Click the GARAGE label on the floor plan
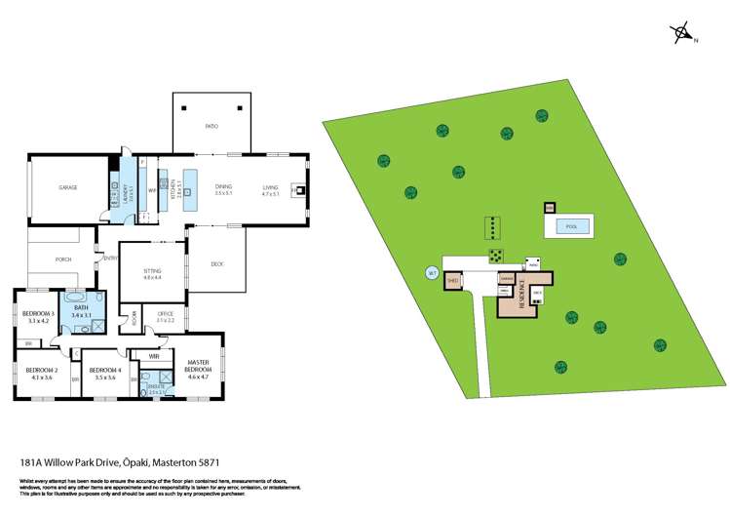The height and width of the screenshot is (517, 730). pos(67,187)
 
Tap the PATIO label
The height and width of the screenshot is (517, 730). pos(211,127)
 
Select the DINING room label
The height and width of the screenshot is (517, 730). pos(223,186)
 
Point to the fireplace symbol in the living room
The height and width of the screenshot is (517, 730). pos(301,190)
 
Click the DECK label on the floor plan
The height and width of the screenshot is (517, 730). pos(217,263)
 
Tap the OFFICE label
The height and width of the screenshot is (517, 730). pos(165,315)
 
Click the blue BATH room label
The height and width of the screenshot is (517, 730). pos(81,309)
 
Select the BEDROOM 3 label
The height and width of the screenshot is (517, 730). pos(38,313)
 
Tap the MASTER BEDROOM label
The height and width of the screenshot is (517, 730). pos(198,367)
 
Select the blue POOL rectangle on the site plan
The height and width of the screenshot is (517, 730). pos(571,226)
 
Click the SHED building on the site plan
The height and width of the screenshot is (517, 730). pos(452,281)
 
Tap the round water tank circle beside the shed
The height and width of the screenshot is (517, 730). pos(430,274)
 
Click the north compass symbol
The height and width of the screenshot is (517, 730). pos(681,34)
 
